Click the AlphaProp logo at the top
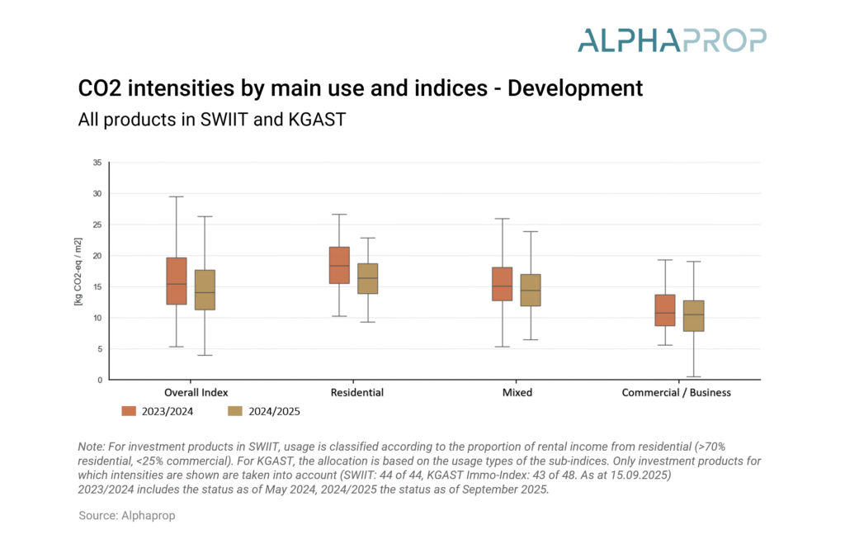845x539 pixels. click(672, 40)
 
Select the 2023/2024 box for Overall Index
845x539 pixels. click(177, 281)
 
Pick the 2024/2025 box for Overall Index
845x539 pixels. click(205, 290)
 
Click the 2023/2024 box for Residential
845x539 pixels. click(339, 265)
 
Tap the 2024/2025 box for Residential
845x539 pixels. click(367, 279)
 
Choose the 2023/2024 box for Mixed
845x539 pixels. click(502, 284)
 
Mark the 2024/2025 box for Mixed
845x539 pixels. click(531, 291)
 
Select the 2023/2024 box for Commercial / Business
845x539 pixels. click(665, 310)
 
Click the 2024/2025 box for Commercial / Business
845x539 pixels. click(694, 316)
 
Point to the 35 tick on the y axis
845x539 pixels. click(97, 163)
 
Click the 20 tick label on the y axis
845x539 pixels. click(97, 256)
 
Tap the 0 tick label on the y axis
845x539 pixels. click(99, 380)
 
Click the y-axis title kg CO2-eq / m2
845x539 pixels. click(78, 272)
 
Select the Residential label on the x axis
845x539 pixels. click(356, 393)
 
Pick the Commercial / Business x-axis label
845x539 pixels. click(676, 393)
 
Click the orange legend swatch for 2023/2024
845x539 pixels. click(129, 411)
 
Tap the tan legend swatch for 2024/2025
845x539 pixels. click(236, 411)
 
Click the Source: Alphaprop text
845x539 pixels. click(127, 515)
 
